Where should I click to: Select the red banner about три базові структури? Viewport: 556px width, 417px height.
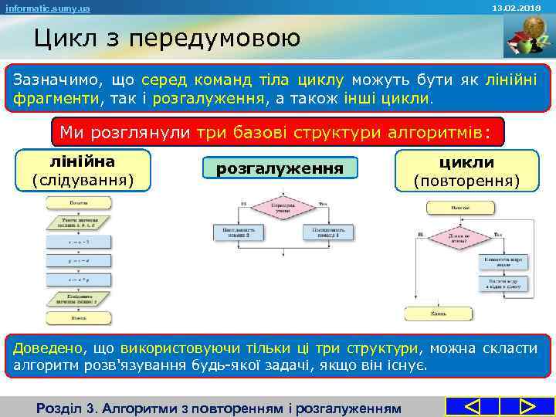(x=281, y=131)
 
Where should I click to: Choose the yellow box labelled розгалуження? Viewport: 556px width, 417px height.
(x=279, y=168)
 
